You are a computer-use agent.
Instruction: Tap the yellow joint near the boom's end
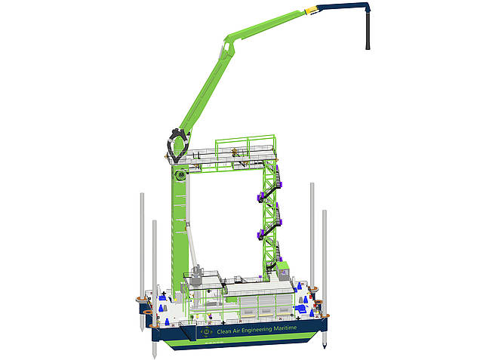tap(311, 11)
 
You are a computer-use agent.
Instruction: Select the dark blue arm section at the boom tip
tap(342, 6)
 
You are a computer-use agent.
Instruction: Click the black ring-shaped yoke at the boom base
tap(178, 145)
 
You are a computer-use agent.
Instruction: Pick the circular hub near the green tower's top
tap(181, 176)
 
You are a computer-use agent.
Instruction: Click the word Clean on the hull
tap(224, 331)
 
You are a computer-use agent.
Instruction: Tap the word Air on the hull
tap(236, 331)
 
